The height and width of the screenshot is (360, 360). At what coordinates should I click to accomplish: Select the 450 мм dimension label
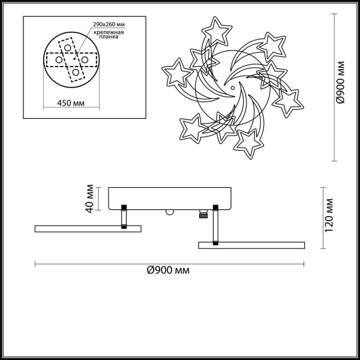71,103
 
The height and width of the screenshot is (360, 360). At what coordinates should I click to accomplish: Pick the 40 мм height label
89,198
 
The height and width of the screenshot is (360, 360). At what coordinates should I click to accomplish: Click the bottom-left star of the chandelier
192,126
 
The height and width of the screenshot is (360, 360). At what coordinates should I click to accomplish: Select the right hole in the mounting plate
85,61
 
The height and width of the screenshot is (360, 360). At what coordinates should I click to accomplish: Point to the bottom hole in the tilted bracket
76,74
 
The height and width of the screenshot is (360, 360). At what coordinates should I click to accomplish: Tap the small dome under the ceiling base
170,212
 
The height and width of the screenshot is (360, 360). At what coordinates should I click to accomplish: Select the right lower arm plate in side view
252,245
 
